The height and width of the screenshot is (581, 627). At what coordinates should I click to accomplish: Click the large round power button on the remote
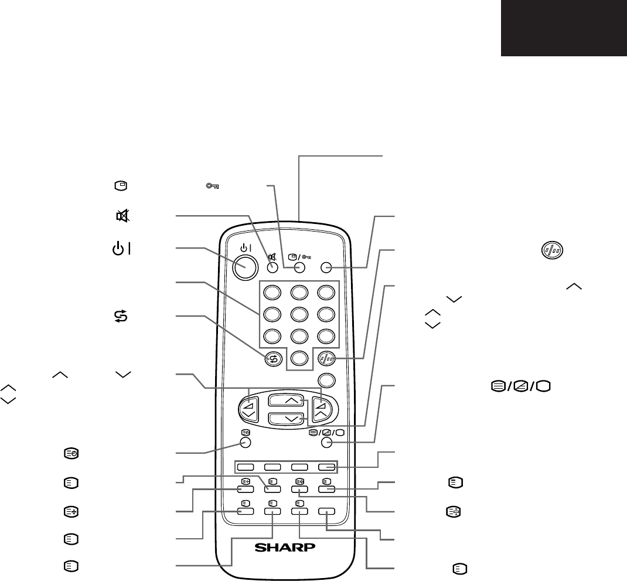246,267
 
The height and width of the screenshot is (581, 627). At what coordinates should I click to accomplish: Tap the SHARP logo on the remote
285,548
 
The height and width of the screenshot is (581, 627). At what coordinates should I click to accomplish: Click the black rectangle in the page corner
564,28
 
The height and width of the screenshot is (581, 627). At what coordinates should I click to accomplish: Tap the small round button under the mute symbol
272,267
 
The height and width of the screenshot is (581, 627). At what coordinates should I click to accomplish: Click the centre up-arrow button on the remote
284,402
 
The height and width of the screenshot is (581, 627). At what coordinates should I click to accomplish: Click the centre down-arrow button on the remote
284,419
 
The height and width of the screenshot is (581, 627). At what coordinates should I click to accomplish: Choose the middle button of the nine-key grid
299,314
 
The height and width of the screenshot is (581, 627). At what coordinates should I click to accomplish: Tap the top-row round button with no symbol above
327,267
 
